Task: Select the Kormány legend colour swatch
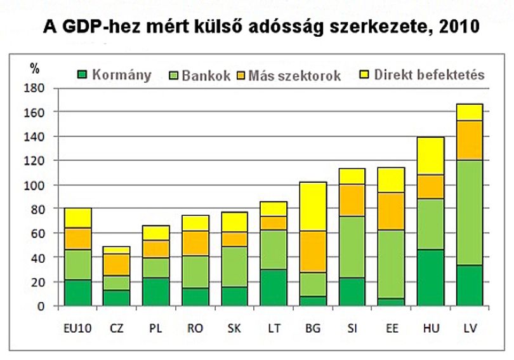82,75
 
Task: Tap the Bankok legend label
206,76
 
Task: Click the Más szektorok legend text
294,76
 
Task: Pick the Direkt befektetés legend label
430,75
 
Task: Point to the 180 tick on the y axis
34,88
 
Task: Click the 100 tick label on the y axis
34,185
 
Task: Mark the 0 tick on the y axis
41,306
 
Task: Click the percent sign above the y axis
34,68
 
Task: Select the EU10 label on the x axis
77,328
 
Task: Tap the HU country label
431,328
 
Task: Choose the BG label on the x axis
313,328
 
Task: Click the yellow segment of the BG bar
313,206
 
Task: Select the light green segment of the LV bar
470,213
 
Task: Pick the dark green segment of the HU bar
431,277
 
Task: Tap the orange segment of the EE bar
392,211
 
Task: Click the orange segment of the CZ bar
117,265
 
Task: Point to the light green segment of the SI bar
352,247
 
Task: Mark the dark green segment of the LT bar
273,288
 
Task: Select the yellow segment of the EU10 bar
78,218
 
